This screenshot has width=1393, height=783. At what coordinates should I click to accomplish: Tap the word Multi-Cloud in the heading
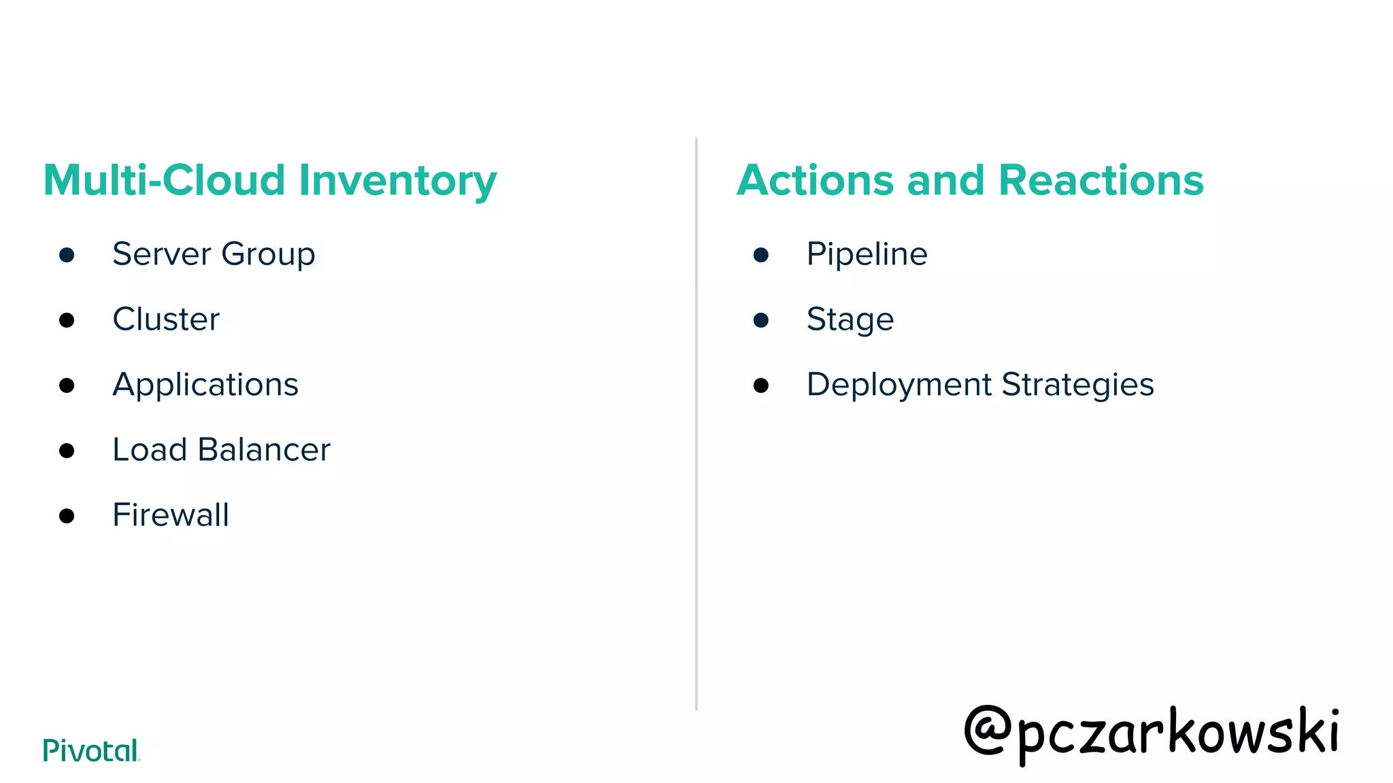tap(164, 181)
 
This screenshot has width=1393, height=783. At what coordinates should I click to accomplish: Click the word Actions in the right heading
tap(815, 181)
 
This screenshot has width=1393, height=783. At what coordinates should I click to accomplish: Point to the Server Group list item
tap(214, 255)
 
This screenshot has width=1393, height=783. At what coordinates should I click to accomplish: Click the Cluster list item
tap(166, 319)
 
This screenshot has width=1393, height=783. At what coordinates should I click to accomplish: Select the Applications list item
tap(205, 385)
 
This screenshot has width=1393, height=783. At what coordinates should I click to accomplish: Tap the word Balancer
tap(264, 450)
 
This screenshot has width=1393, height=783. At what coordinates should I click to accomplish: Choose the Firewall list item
tap(171, 515)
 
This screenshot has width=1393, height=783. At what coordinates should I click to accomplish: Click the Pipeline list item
tap(867, 255)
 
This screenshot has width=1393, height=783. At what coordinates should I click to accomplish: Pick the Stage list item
tap(850, 319)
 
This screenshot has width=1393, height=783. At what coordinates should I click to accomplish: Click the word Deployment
tap(899, 385)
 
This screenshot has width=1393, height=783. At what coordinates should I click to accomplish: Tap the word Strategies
tap(1077, 385)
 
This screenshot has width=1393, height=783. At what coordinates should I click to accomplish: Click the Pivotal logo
tap(91, 750)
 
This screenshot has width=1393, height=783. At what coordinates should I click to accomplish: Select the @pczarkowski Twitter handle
tap(1151, 733)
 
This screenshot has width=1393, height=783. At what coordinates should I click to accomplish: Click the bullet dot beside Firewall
tap(67, 516)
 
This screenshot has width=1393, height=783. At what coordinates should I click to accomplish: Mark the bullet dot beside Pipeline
tap(761, 255)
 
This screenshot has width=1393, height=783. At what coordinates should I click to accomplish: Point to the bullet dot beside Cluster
tap(67, 320)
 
